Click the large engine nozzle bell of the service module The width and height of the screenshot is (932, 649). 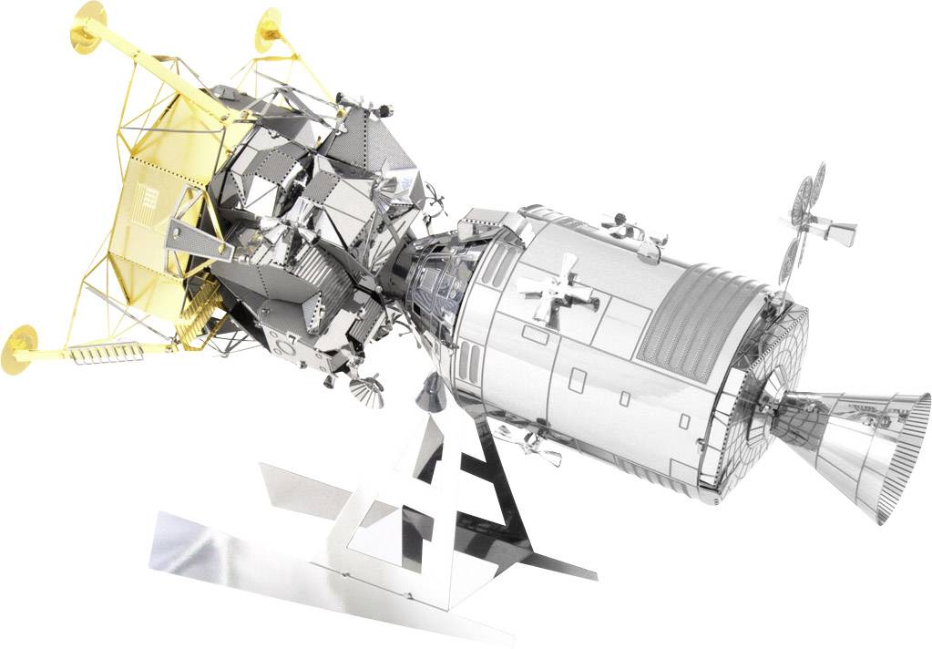click(865, 447)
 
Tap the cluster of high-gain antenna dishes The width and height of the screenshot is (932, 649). click(806, 219)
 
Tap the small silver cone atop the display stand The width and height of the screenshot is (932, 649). click(428, 390)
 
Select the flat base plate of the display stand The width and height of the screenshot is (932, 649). click(301, 565)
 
